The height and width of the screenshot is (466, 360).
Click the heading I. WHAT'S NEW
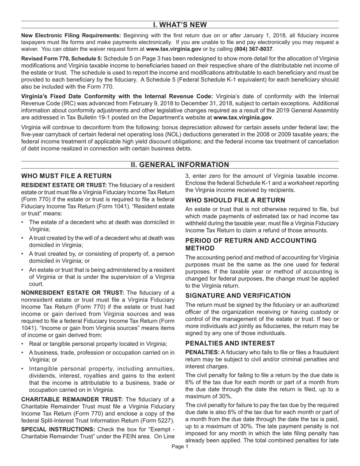tap(180, 25)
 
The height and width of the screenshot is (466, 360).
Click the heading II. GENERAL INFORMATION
tap(180, 165)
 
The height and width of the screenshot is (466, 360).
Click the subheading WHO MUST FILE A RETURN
tap(66, 176)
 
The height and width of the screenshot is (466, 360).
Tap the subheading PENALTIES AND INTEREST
tap(230, 343)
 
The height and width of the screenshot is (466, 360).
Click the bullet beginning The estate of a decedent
tap(102, 222)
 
